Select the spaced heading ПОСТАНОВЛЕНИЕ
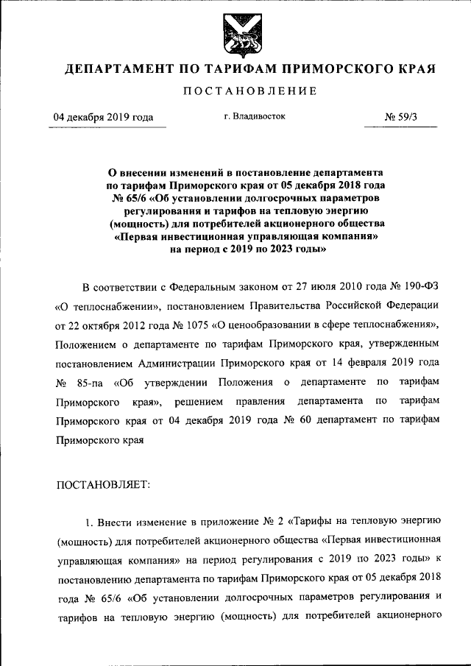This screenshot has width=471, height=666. [x=235, y=91]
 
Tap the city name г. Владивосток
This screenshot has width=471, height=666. [x=255, y=116]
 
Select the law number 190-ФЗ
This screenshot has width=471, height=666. [x=419, y=286]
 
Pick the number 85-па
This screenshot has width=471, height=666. [x=88, y=382]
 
